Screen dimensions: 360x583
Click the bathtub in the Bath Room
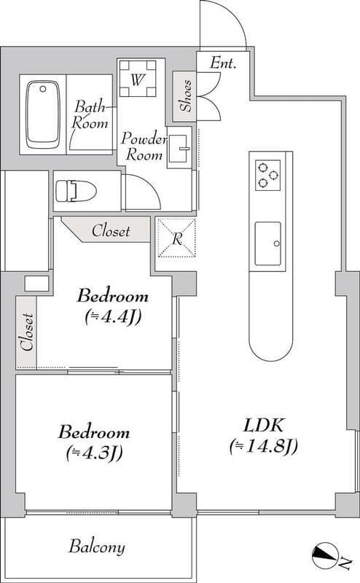coord(43,114)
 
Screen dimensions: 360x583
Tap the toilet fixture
coord(76,191)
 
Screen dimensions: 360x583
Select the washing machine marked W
coord(138,79)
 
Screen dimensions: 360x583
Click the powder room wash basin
coord(179,149)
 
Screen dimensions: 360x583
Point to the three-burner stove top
coord(267,175)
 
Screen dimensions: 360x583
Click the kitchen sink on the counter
coord(267,243)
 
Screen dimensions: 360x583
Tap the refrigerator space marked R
coord(177,238)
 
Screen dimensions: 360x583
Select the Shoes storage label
coord(186,95)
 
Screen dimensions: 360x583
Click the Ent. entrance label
coord(223,63)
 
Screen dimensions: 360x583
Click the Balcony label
coord(97,547)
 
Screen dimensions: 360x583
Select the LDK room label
coord(264,426)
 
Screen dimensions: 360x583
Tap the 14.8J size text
coord(264,446)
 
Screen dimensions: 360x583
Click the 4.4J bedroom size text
coord(113,317)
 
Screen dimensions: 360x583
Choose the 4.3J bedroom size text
coord(94,453)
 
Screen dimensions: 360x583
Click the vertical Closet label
coord(27,332)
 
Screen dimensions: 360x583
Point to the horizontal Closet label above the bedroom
coord(111,231)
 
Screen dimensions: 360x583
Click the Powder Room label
coord(144,146)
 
